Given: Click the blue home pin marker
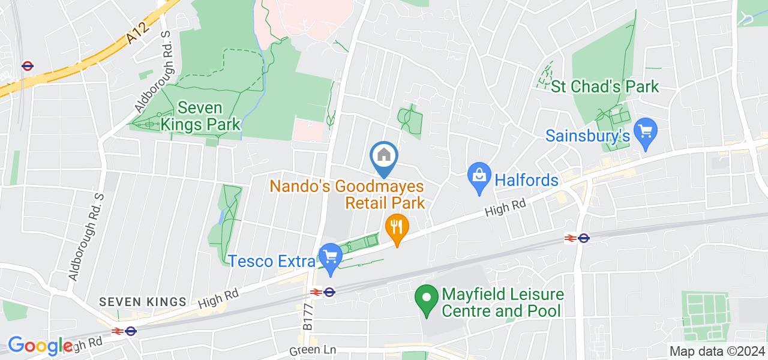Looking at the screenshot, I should pyautogui.click(x=384, y=157).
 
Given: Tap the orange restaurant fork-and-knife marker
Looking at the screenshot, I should pyautogui.click(x=396, y=227).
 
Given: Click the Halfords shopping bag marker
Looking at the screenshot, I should pyautogui.click(x=479, y=176).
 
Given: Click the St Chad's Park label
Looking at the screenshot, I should pyautogui.click(x=605, y=87).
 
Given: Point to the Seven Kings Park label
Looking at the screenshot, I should pyautogui.click(x=208, y=116).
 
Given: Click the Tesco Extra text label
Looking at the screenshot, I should pyautogui.click(x=272, y=262).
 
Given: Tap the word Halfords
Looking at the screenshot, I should pyautogui.click(x=526, y=179).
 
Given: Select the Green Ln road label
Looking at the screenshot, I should pyautogui.click(x=312, y=350).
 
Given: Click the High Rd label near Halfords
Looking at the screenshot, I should pyautogui.click(x=505, y=208).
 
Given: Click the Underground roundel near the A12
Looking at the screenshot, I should pyautogui.click(x=26, y=65).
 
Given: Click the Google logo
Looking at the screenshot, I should pyautogui.click(x=40, y=345).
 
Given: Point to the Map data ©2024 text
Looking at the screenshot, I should pyautogui.click(x=717, y=352).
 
